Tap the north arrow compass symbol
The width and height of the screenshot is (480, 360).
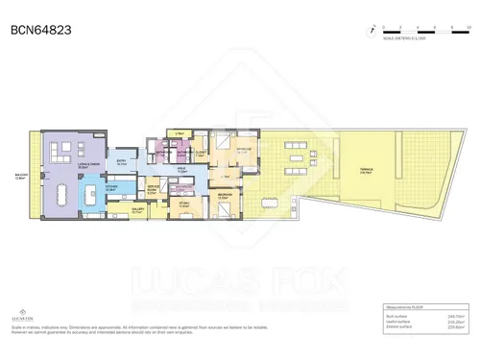(x=369, y=31)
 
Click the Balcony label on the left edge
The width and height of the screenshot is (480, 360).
(x=21, y=176)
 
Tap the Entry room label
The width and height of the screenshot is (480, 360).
(x=122, y=163)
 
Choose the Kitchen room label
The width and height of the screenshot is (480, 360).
(x=112, y=189)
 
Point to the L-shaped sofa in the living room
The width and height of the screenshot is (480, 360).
(x=57, y=152)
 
